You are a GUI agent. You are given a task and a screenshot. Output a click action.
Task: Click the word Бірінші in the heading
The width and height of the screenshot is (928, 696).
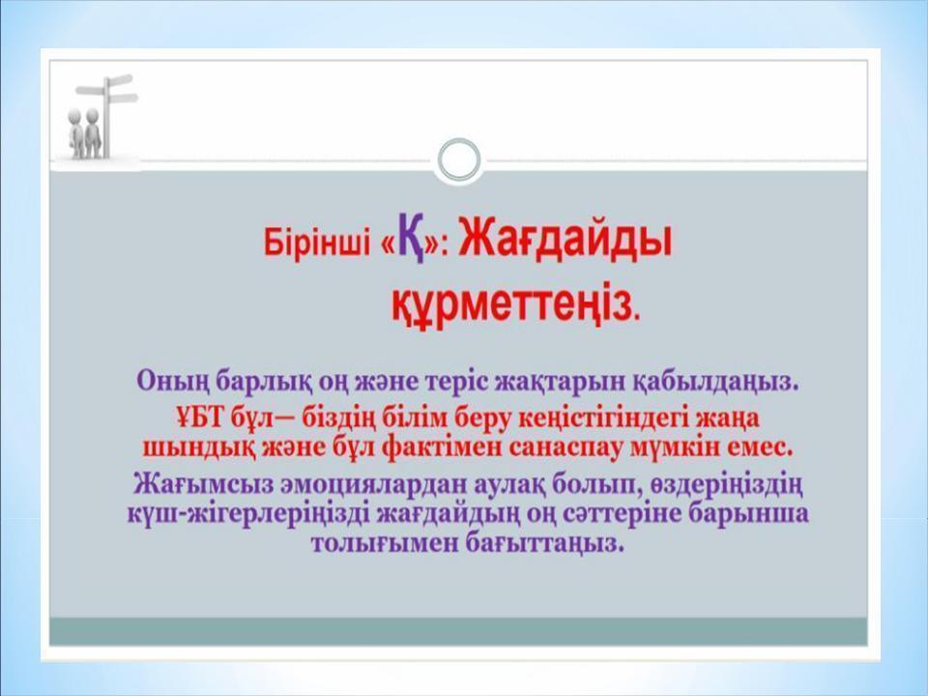319,243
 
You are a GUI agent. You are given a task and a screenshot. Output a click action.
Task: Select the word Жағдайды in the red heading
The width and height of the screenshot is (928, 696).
565,238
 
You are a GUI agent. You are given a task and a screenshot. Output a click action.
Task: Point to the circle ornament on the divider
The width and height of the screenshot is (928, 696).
458,159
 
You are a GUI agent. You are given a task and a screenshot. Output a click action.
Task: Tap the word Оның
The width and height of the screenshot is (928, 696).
171,380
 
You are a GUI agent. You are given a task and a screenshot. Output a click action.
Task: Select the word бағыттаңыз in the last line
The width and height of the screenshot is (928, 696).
546,543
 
